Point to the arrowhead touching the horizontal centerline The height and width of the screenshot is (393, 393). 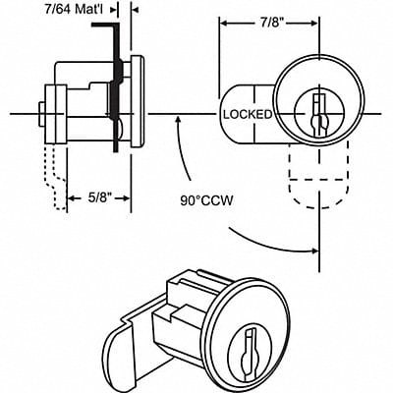pos(177,120)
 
